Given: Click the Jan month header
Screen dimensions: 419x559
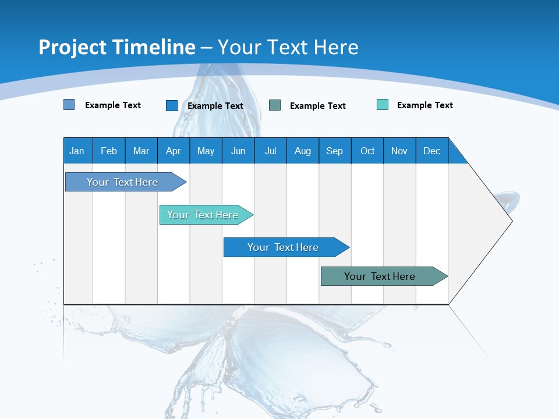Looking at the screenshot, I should click(x=77, y=151).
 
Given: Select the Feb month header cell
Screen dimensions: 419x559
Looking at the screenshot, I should click(x=109, y=151).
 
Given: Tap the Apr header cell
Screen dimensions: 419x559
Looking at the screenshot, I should click(x=173, y=151).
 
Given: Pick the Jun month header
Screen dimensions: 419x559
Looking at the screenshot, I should click(x=238, y=151).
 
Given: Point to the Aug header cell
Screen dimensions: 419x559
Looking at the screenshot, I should click(x=303, y=151).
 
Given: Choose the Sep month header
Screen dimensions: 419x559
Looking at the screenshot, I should click(x=335, y=151).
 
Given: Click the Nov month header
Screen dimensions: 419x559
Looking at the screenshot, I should click(x=399, y=151).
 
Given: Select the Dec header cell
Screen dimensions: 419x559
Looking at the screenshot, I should click(x=432, y=151).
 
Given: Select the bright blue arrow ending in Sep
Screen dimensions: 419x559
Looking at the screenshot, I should click(x=284, y=247).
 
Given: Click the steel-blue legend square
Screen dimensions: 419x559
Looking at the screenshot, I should click(x=69, y=105).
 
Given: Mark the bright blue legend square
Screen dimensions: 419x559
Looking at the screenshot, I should click(x=172, y=105).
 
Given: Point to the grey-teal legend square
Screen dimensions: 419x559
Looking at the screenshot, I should click(x=275, y=105).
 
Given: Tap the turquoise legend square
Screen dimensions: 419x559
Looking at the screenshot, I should click(x=383, y=105).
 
